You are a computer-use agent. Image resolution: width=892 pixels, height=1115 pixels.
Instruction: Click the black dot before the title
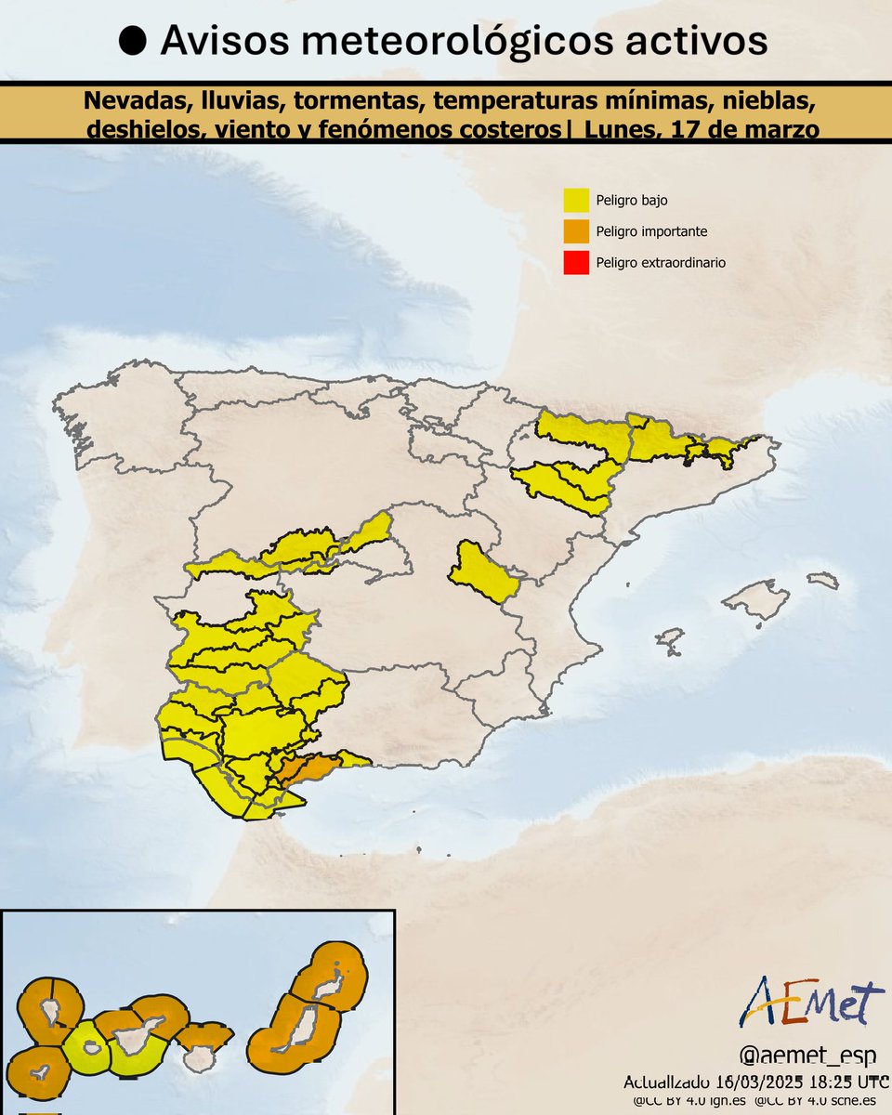(x=135, y=42)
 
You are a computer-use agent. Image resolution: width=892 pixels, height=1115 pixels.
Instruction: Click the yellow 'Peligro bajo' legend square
(x=576, y=200)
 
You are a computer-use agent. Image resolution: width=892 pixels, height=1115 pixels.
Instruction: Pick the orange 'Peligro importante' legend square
(x=576, y=231)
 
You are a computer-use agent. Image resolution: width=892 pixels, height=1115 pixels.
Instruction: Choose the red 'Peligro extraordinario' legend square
(x=576, y=263)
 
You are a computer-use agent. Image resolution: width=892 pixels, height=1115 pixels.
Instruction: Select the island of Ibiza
(x=670, y=640)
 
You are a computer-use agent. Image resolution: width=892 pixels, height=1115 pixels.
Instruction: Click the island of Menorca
(x=823, y=580)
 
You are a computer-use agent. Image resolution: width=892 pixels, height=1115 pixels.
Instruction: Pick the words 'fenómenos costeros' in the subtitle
(x=449, y=130)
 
